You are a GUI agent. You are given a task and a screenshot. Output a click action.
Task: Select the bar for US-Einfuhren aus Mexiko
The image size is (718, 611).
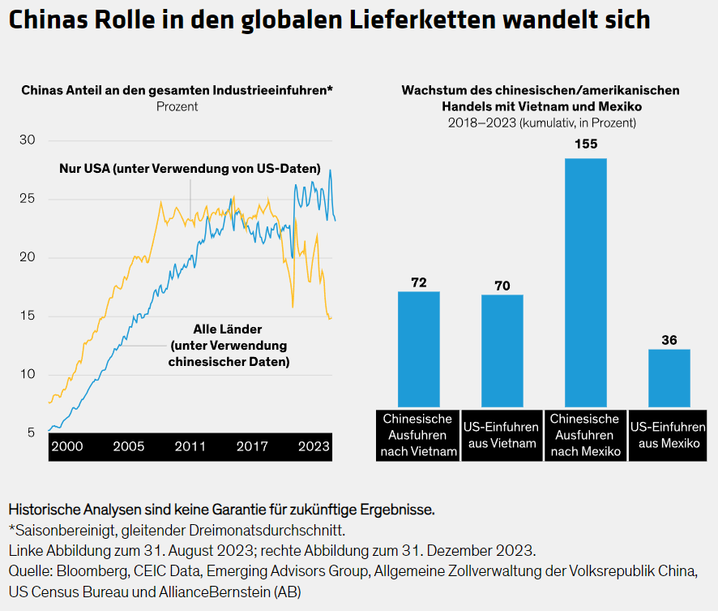(669, 377)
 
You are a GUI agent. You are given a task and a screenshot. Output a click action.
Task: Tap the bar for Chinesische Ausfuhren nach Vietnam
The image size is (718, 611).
(418, 349)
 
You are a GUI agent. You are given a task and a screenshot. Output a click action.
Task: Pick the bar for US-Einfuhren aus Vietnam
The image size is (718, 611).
(502, 351)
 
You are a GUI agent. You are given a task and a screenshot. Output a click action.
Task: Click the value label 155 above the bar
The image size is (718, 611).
(585, 144)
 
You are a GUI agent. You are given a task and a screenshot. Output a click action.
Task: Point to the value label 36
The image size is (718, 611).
(669, 340)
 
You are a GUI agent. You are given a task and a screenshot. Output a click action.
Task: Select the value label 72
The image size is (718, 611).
(418, 282)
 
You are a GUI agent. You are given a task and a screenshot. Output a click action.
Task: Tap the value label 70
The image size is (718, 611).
(502, 286)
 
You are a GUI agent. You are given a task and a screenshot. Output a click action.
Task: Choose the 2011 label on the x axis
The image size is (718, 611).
(190, 446)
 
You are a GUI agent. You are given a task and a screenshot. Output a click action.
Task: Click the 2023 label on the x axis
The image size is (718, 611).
(314, 446)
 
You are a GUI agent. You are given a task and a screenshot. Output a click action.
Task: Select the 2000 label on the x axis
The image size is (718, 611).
(66, 446)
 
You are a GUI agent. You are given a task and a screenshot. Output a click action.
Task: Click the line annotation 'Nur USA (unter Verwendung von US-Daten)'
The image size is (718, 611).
(190, 169)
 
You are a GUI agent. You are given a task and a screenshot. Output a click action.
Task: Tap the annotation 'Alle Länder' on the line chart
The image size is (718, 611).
(229, 329)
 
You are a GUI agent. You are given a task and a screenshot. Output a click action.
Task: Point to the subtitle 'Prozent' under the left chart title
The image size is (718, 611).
(177, 106)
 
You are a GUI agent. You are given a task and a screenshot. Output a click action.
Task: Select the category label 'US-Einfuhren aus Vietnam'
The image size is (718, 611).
(502, 435)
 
